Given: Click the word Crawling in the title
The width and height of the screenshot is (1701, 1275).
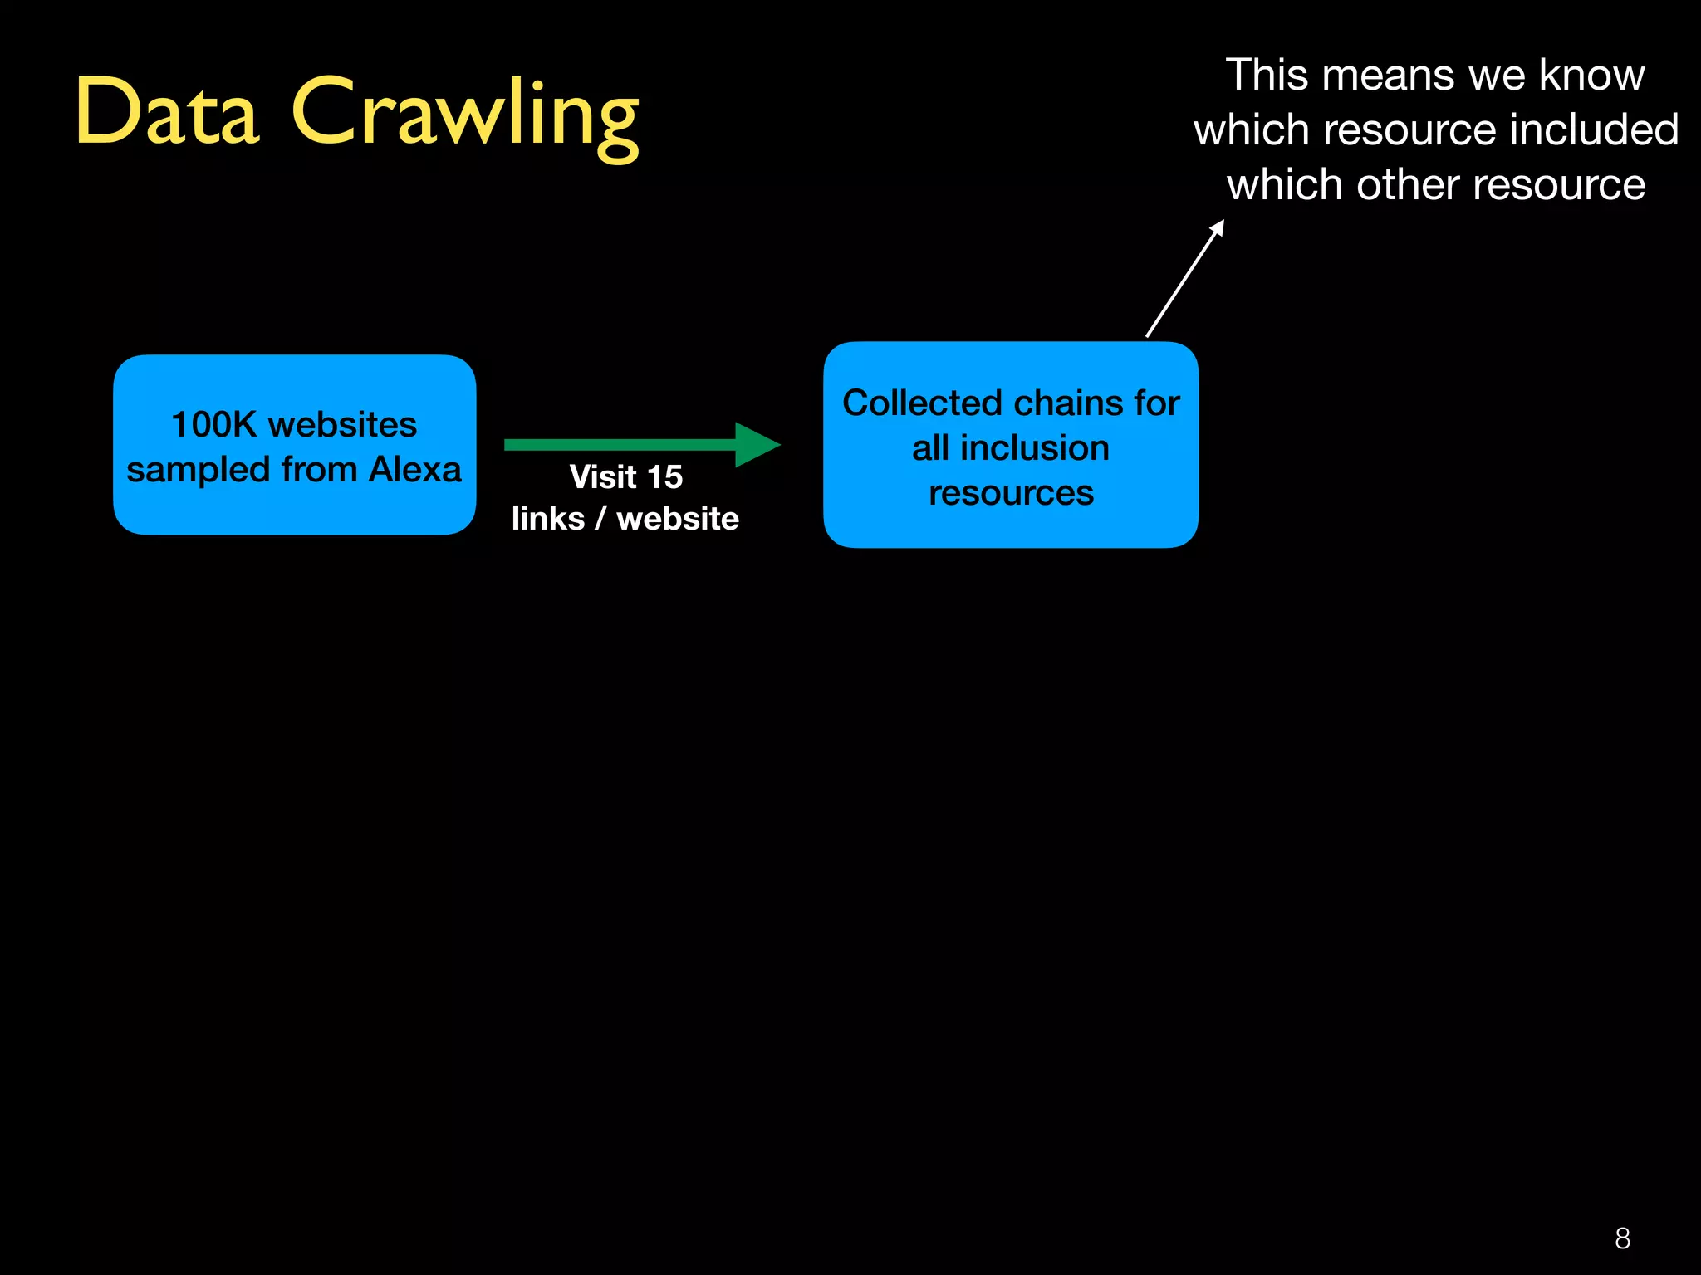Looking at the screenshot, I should point(465,116).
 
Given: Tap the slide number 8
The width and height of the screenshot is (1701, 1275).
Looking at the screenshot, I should point(1622,1238).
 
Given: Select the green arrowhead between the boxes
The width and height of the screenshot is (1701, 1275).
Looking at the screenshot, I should point(755,445).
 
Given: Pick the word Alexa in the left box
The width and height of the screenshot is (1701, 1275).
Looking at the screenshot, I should point(415,470).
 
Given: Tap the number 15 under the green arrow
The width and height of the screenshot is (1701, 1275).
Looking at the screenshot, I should point(664,477).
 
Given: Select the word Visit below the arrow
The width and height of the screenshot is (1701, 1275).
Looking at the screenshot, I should point(603,477).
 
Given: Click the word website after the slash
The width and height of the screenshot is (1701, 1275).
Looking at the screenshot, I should point(678,519).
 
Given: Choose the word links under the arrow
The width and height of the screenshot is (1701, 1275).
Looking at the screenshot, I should point(548,519).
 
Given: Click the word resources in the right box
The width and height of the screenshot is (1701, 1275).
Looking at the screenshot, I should point(1011,493).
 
